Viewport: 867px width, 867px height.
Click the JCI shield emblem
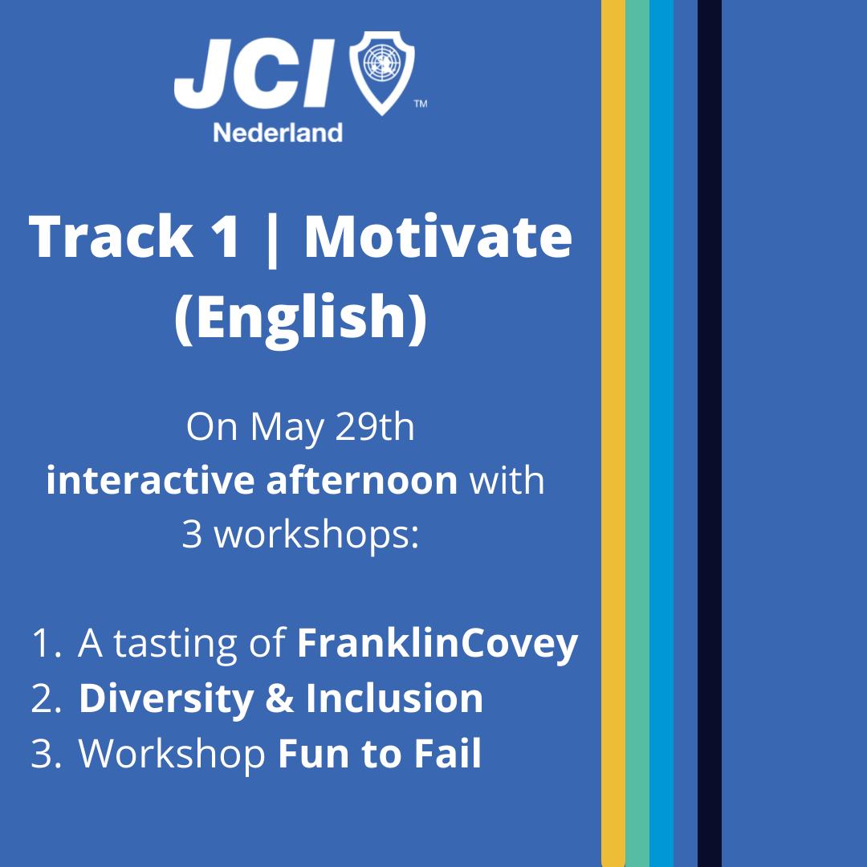tap(382, 72)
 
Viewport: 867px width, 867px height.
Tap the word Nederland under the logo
tap(278, 133)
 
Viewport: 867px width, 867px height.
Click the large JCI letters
tap(255, 73)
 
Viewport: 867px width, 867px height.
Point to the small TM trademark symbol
tap(421, 104)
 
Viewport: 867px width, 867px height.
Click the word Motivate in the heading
tap(438, 237)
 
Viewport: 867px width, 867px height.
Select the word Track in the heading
tap(111, 236)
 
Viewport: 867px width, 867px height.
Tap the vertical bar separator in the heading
tap(271, 239)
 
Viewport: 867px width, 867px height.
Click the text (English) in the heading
tap(301, 317)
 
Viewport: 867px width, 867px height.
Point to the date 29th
tap(375, 427)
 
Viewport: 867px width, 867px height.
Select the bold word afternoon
tap(362, 480)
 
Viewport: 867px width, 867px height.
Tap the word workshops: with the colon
tap(316, 535)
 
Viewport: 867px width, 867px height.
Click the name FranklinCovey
tap(438, 645)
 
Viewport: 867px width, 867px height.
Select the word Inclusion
tap(394, 698)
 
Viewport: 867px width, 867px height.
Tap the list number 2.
tap(45, 699)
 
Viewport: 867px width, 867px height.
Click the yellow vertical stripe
tap(613, 433)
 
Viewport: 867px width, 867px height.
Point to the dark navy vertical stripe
tap(710, 433)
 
